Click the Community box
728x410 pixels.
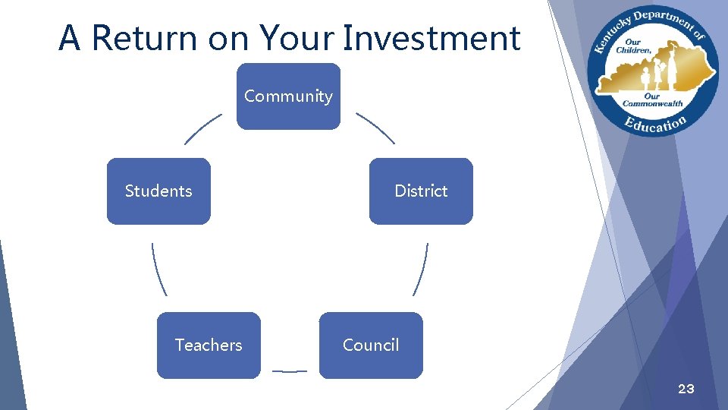pyautogui.click(x=288, y=96)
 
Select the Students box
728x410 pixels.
pyautogui.click(x=158, y=191)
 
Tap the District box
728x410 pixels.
pyautogui.click(x=421, y=191)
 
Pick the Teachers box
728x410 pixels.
pyautogui.click(x=209, y=345)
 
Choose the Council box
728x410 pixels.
pyautogui.click(x=371, y=345)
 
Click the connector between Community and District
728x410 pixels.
pyautogui.click(x=375, y=128)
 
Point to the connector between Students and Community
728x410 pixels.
pyautogui.click(x=202, y=129)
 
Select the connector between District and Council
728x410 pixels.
pyautogui.click(x=421, y=270)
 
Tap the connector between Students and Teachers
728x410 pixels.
pyautogui.click(x=158, y=270)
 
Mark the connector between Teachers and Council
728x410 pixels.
pyautogui.click(x=289, y=371)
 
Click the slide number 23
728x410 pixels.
pyautogui.click(x=686, y=389)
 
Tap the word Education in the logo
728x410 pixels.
pyautogui.click(x=655, y=124)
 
